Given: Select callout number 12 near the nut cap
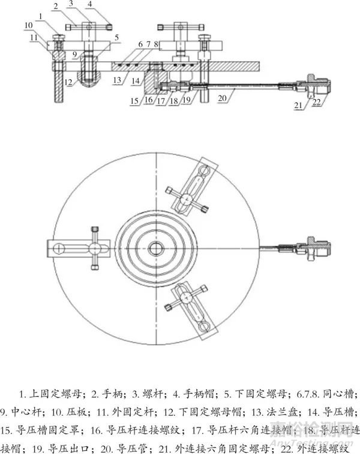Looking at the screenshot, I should pos(70,82).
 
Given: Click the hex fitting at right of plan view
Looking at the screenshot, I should pos(316,248).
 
